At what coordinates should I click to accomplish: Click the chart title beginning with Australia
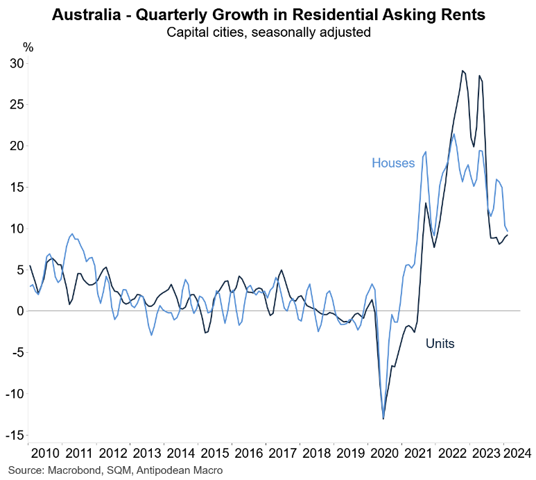[x=268, y=13]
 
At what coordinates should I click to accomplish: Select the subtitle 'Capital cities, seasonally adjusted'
[x=268, y=31]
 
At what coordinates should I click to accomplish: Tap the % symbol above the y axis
[x=28, y=47]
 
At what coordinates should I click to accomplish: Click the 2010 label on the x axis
[x=45, y=454]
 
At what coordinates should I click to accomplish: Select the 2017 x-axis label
[x=282, y=454]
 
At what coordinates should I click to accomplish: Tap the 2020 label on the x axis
[x=383, y=454]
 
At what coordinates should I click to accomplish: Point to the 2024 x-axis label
[x=517, y=454]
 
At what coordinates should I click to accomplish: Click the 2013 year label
[x=146, y=454]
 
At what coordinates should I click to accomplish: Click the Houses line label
[x=393, y=163]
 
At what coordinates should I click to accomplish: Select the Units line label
[x=440, y=343]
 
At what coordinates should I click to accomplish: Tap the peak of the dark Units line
[x=462, y=71]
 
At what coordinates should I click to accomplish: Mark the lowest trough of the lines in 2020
[x=383, y=418]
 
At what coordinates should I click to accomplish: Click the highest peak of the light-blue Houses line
[x=453, y=134]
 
